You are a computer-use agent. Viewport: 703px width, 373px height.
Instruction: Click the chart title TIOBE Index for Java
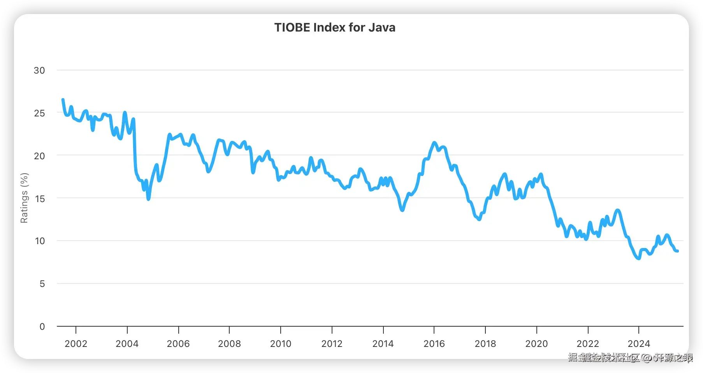pyautogui.click(x=335, y=28)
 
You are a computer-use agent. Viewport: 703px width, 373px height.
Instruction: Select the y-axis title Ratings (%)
pyautogui.click(x=24, y=198)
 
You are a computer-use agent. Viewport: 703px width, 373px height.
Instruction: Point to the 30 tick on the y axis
pyautogui.click(x=39, y=70)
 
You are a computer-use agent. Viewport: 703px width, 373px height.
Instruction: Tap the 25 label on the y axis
pyautogui.click(x=39, y=113)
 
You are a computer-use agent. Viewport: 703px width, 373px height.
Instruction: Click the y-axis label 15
pyautogui.click(x=39, y=199)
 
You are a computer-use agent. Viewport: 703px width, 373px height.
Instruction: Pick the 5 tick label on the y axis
pyautogui.click(x=42, y=284)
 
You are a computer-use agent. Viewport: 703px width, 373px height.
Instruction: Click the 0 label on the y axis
pyautogui.click(x=42, y=327)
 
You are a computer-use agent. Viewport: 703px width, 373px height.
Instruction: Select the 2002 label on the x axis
pyautogui.click(x=76, y=344)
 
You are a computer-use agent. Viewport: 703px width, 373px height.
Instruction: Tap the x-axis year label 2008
pyautogui.click(x=229, y=344)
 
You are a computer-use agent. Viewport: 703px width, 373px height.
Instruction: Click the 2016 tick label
pyautogui.click(x=434, y=344)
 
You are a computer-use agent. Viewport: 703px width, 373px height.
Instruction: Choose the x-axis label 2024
pyautogui.click(x=639, y=344)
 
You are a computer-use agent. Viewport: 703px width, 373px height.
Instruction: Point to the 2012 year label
pyautogui.click(x=332, y=344)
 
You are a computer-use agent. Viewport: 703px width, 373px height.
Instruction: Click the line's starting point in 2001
pyautogui.click(x=63, y=100)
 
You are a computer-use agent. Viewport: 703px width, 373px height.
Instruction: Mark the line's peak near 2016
pyautogui.click(x=434, y=143)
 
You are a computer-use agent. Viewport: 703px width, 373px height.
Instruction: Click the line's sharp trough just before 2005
pyautogui.click(x=148, y=199)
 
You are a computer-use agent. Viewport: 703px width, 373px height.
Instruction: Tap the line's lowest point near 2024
pyautogui.click(x=639, y=258)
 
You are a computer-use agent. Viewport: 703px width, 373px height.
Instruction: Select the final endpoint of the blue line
pyautogui.click(x=678, y=251)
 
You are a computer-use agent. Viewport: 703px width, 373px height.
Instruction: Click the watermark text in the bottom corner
pyautogui.click(x=630, y=357)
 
